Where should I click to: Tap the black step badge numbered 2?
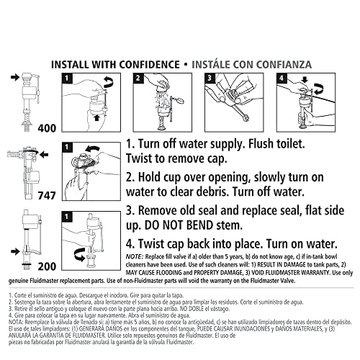point(139,77)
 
